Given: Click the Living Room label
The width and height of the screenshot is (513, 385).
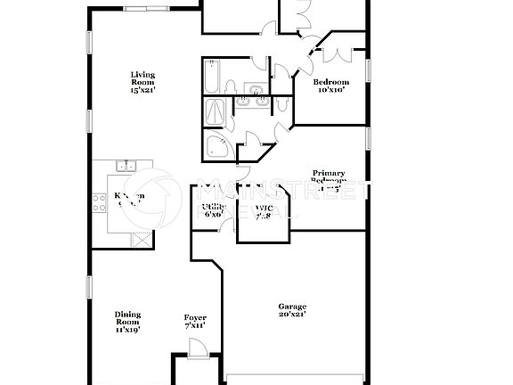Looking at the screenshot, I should [x=142, y=81].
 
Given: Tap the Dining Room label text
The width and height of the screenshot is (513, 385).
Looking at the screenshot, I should [x=127, y=322].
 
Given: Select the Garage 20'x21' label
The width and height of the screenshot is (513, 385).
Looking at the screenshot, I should [x=291, y=309].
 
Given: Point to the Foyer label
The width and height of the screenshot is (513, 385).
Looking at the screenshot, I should [x=195, y=322].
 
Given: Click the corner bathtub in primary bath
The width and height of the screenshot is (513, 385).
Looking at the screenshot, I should [x=216, y=146].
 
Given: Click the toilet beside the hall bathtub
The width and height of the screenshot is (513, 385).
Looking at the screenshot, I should [x=230, y=86].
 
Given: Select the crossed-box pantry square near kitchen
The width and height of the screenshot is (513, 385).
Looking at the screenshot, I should [x=139, y=239].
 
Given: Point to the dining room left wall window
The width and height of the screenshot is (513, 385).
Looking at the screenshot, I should [x=88, y=288].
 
